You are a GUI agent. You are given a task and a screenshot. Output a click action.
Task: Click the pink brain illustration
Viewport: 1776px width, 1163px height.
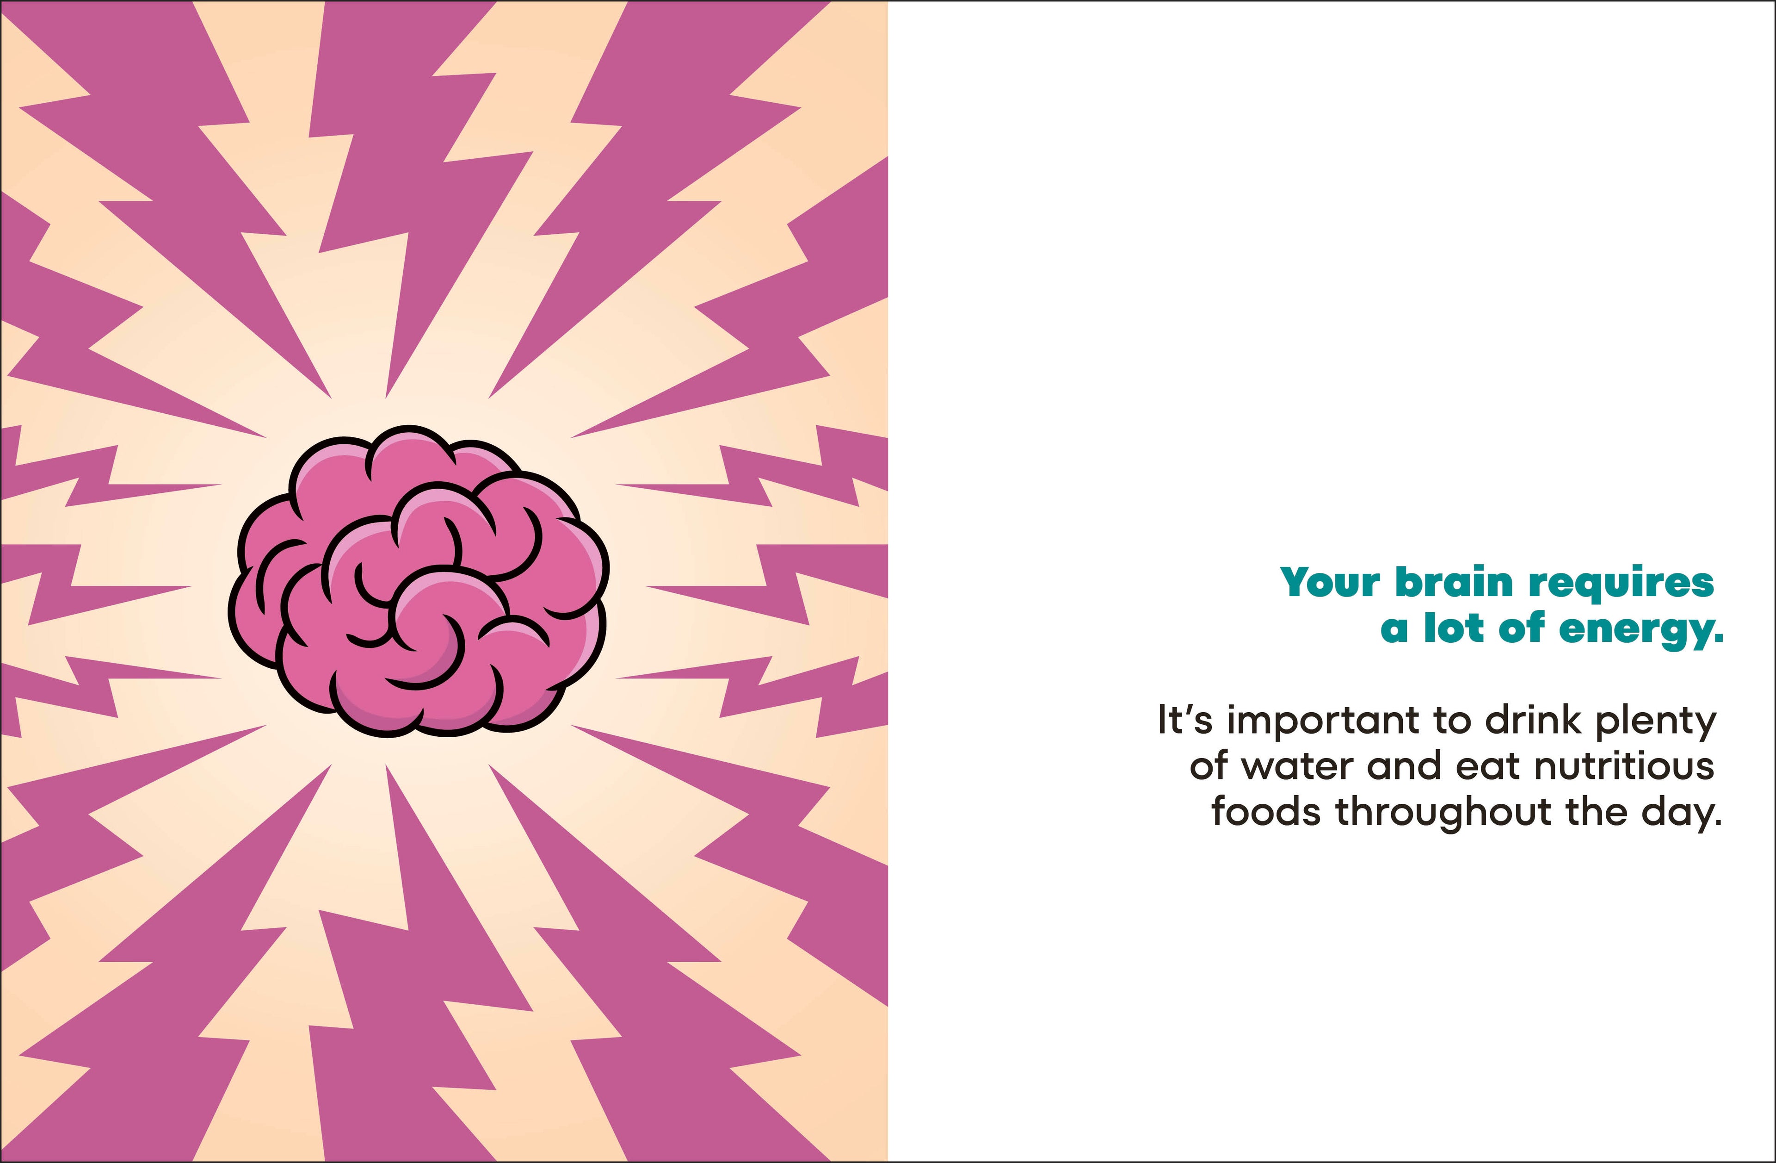419,582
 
